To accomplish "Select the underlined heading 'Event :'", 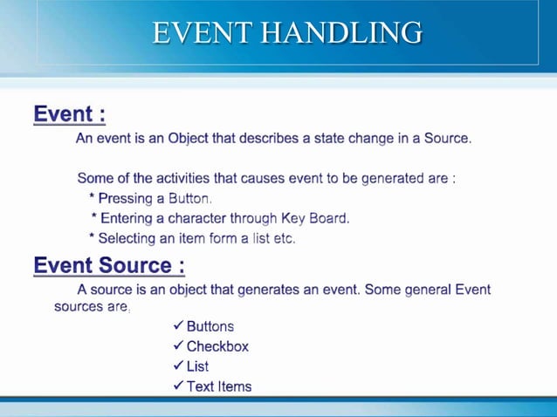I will [70, 114].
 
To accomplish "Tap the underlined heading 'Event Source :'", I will [109, 264].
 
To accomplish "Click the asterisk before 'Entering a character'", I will [94, 218].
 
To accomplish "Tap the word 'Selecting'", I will [127, 238].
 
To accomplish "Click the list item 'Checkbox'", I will [217, 346].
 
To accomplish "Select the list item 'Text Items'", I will [219, 386].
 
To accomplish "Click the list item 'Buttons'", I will [210, 326].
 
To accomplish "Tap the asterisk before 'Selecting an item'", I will [92, 237].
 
